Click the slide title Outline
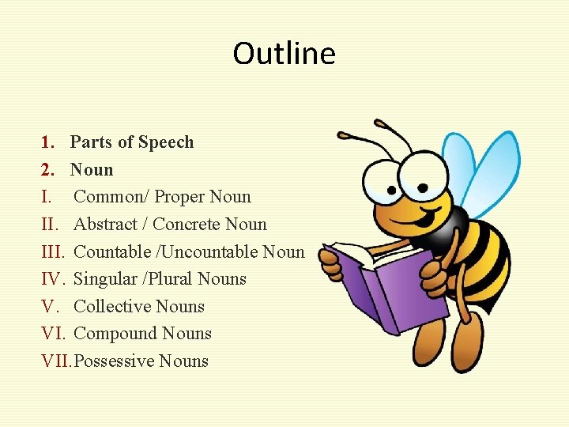click(284, 54)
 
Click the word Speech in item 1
click(166, 142)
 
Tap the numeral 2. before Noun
click(47, 170)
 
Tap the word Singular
click(103, 279)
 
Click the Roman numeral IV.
click(52, 279)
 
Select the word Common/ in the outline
click(110, 197)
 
